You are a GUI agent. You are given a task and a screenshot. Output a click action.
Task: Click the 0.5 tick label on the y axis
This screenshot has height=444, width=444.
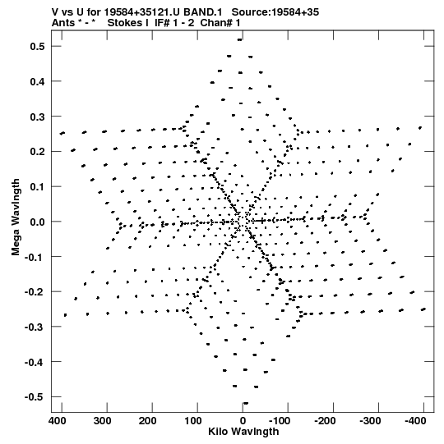(37, 46)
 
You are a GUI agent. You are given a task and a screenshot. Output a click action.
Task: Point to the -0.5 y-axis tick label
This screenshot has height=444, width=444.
(35, 397)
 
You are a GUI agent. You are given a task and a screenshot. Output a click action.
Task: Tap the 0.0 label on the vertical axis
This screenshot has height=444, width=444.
(37, 222)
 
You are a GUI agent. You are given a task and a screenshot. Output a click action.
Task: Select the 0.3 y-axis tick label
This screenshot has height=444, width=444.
(37, 117)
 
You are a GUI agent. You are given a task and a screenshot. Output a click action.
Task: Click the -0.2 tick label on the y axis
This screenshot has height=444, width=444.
(35, 291)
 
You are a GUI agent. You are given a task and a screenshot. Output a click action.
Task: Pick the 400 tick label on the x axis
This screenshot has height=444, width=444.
(57, 421)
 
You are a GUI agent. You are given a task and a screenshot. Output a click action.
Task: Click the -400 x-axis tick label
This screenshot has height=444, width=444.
(415, 421)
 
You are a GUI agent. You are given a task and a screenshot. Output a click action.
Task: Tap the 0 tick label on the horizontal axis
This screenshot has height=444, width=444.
(243, 421)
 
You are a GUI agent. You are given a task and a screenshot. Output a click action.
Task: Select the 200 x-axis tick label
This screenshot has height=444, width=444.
(147, 421)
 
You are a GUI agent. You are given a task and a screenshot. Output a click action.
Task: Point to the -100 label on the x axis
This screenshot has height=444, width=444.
(280, 421)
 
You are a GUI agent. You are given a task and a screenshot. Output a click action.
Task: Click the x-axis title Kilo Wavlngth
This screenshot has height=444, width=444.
(243, 432)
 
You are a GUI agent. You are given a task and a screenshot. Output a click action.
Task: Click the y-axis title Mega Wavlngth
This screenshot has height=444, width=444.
(16, 217)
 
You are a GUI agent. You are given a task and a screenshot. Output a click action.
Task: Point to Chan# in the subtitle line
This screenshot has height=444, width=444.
(216, 23)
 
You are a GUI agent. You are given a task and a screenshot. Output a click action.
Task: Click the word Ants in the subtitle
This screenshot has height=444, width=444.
(63, 23)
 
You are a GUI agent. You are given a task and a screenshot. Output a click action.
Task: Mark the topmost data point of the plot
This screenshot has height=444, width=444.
(240, 40)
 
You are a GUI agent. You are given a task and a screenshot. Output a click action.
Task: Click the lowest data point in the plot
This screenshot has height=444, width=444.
(246, 403)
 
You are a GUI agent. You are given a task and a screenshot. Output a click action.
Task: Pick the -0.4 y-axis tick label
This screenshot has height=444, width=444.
(35, 362)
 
